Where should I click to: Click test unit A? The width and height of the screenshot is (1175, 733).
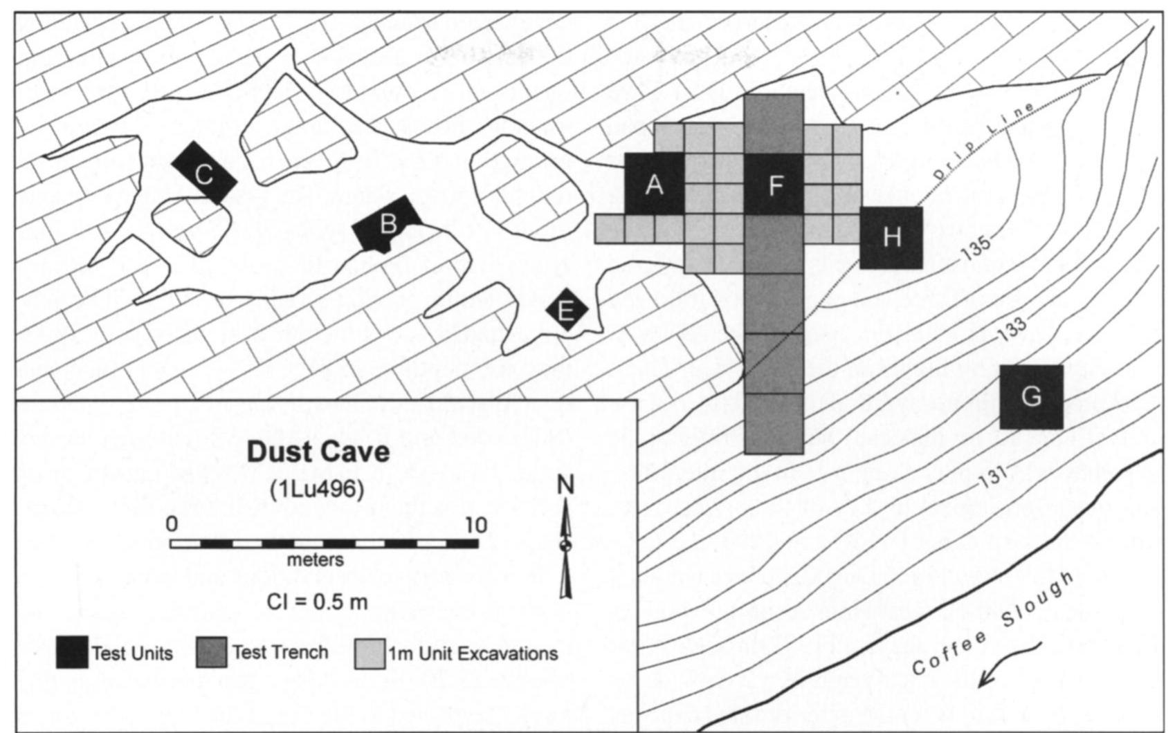pyautogui.click(x=654, y=184)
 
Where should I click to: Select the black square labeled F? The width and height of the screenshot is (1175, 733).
pyautogui.click(x=774, y=184)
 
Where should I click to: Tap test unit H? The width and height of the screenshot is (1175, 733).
pyautogui.click(x=891, y=237)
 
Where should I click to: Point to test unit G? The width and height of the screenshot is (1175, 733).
pyautogui.click(x=1031, y=396)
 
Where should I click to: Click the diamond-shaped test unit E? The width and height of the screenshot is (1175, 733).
pyautogui.click(x=566, y=310)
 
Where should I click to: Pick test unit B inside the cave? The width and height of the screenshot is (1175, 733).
pyautogui.click(x=387, y=223)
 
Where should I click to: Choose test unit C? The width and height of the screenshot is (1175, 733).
pyautogui.click(x=203, y=174)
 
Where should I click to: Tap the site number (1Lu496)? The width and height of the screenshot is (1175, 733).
pyautogui.click(x=318, y=488)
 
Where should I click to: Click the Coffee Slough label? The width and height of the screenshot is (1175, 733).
pyautogui.click(x=993, y=622)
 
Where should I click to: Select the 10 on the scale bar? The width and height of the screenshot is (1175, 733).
pyautogui.click(x=475, y=525)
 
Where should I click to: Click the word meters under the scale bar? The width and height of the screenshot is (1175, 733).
pyautogui.click(x=316, y=559)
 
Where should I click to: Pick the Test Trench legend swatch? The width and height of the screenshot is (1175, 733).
pyautogui.click(x=212, y=652)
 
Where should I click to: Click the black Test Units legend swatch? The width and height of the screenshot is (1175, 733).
pyautogui.click(x=72, y=652)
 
